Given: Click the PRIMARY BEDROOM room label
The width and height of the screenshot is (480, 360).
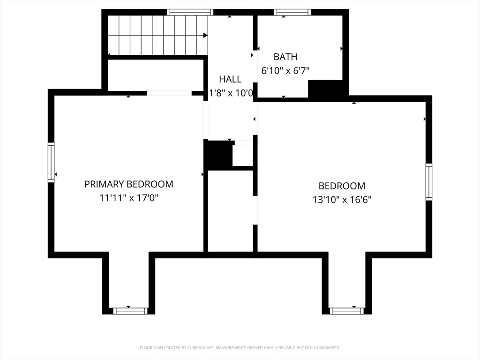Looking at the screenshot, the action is tap(128, 184).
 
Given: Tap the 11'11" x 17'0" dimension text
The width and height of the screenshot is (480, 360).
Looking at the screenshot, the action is tap(128, 198).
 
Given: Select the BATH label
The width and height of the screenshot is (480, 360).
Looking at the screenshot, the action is tap(285, 57).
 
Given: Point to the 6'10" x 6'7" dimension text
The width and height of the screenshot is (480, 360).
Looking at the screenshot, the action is tap(285, 71).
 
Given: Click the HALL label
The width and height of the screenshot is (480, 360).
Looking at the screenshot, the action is tap(230, 79).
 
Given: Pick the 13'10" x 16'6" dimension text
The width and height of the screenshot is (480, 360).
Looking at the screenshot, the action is tap(342, 200).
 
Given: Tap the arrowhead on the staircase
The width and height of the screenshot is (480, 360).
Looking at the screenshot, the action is tap(205, 35).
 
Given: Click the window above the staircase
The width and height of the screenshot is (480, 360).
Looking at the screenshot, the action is tap(190, 12).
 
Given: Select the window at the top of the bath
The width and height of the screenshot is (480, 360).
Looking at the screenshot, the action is tap(292, 12).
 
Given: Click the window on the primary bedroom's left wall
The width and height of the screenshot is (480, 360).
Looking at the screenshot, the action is tap(51, 163).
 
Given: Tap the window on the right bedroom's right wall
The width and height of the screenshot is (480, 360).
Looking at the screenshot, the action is tap(429, 182).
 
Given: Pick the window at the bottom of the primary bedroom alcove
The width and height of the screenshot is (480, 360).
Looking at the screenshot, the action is tap(130, 311).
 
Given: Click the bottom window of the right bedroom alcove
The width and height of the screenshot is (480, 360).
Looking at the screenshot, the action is tap(347, 311).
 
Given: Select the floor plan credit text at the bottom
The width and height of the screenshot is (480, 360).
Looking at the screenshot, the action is tap(240, 348).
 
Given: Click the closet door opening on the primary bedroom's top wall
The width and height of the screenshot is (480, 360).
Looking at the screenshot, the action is tap(170, 93).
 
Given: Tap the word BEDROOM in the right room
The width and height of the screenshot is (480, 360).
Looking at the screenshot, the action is tap(342, 186).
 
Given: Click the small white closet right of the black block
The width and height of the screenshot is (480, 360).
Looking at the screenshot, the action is tap(243, 156).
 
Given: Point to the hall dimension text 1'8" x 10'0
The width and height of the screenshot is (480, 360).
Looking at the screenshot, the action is tap(231, 93).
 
